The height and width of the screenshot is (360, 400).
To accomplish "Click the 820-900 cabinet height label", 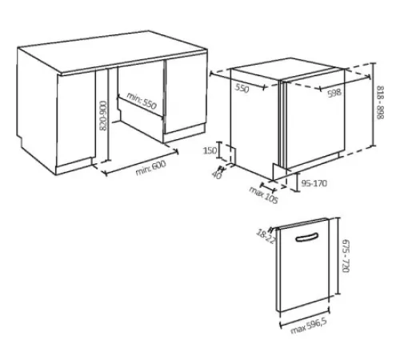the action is [102, 115].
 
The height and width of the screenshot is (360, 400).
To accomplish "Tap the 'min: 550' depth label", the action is [142, 101].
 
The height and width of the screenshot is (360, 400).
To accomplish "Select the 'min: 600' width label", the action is [150, 168].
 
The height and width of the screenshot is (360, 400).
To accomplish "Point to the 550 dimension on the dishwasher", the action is [242, 88].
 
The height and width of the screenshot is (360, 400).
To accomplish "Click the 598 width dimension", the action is [334, 93].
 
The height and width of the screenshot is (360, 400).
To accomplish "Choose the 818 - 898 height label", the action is [380, 102].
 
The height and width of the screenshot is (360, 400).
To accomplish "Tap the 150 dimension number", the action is [210, 150].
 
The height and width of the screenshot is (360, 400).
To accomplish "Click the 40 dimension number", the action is [217, 175].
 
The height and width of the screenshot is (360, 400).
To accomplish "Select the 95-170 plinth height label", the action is [314, 183].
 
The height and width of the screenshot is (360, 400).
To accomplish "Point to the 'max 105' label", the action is [263, 194].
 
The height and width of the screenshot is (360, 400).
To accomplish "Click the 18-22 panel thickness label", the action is [266, 237].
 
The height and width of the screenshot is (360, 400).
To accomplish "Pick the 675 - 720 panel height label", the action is [346, 256].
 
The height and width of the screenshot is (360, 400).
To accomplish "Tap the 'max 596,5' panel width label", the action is [309, 326].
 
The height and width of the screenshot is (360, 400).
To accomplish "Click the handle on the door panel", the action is [307, 237].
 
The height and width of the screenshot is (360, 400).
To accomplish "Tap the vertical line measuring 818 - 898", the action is [374, 104].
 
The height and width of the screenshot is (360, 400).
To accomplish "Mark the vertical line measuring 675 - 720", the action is [338, 256].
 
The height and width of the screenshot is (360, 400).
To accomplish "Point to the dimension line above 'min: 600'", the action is [140, 162].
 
